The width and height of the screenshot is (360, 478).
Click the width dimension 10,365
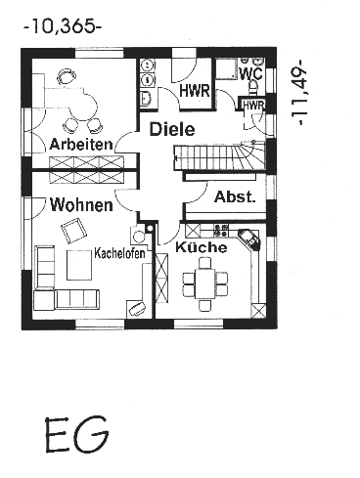click(63, 26)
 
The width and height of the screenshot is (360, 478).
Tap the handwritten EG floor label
click(77, 434)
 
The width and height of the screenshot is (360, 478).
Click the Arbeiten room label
click(81, 144)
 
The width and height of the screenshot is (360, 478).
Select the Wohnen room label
click(81, 204)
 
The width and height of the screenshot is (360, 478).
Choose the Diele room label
click(172, 129)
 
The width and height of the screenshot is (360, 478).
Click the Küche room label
click(202, 247)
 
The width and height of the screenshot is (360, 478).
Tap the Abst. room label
click(235, 197)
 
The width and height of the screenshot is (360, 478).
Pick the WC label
click(250, 73)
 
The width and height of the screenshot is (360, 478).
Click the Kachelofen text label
click(119, 253)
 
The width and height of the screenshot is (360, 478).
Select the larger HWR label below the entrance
click(195, 91)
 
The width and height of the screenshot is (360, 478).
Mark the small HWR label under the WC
click(253, 106)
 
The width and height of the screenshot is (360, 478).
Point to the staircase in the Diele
click(219, 155)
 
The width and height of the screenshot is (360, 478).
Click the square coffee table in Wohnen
click(79, 265)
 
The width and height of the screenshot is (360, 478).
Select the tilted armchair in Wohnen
click(74, 231)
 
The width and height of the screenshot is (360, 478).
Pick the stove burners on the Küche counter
click(221, 231)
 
